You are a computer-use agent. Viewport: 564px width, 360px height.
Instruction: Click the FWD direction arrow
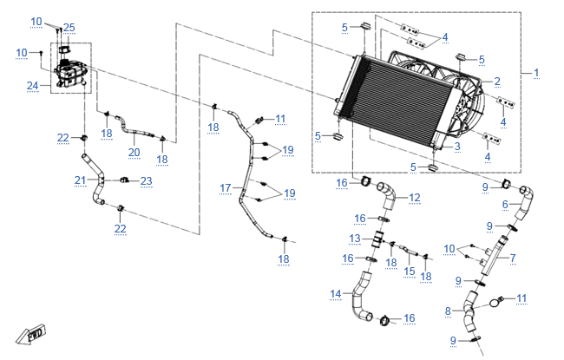pos(31,334)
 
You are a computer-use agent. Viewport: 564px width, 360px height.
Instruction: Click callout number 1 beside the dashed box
pos(536,73)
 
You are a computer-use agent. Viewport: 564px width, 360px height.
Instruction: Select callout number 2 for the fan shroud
pos(497,82)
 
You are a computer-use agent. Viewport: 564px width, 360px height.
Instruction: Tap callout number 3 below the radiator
pos(457,147)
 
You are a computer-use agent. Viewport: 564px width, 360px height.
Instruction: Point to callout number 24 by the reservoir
pos(32,86)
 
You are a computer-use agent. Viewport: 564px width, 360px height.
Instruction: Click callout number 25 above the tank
pos(69,28)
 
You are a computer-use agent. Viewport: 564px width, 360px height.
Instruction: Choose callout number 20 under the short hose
pos(134,153)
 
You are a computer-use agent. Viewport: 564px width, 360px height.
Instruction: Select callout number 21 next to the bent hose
pos(80,180)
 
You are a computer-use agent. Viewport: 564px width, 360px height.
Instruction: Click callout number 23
pos(147,181)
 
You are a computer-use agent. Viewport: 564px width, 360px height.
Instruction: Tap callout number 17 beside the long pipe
pos(226,188)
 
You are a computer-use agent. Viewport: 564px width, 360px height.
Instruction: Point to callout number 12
pos(415,198)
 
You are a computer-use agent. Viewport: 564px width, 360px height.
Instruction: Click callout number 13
pos(355,239)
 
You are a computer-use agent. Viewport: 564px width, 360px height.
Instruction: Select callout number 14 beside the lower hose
pos(336,294)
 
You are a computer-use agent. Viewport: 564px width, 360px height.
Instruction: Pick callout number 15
pos(410,272)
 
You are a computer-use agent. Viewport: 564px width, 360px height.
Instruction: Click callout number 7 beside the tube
pos(513,258)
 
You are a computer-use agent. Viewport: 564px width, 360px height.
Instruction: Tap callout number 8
pos(448,311)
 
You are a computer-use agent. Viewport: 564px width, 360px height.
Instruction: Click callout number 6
pos(505,205)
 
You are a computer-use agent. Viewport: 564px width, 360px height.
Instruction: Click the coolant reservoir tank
pos(70,73)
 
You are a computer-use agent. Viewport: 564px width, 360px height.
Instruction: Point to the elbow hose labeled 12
pos(387,196)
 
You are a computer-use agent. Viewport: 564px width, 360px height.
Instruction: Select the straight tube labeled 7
pos(493,256)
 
